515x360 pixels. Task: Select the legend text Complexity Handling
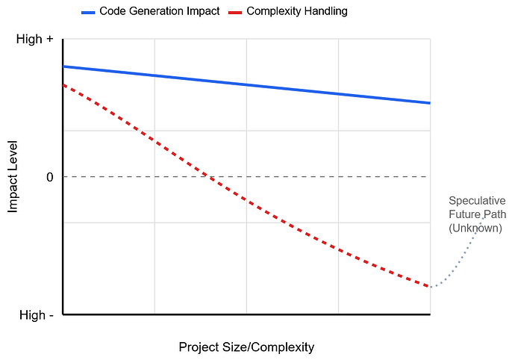[296, 11]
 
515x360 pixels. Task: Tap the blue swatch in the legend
[88, 12]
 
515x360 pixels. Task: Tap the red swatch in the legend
[235, 12]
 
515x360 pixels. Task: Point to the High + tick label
[34, 39]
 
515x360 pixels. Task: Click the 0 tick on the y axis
[49, 177]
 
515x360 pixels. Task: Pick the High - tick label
[35, 315]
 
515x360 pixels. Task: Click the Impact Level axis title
[13, 177]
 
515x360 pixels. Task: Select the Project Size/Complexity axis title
[246, 347]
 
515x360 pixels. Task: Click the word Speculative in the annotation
[476, 201]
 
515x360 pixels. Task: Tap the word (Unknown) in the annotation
[475, 228]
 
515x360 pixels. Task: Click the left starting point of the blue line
[63, 66]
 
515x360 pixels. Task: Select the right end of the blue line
[430, 103]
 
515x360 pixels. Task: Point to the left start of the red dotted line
[63, 85]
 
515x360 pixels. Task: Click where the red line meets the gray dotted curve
[431, 287]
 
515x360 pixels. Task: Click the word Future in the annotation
[464, 214]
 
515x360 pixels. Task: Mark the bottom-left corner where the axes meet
[63, 314]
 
